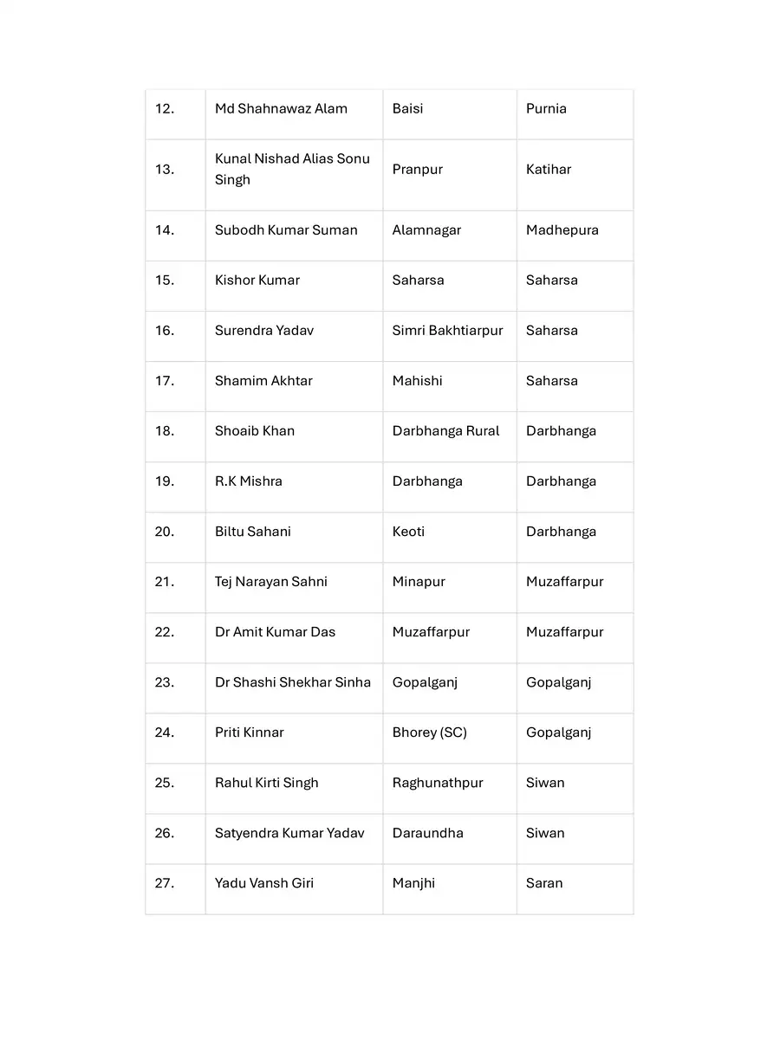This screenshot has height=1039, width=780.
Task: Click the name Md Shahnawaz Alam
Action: pos(281,109)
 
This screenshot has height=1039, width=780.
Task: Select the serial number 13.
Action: pos(165,170)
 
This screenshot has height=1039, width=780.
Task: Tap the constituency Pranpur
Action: pos(417,170)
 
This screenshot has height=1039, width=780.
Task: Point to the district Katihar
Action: pos(549,170)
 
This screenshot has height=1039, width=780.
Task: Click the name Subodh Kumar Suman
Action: pos(286,230)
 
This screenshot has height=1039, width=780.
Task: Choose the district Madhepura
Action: pos(562,230)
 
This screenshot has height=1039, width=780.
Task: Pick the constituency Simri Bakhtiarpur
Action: pos(447,331)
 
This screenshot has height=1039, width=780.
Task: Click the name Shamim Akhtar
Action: pos(263,381)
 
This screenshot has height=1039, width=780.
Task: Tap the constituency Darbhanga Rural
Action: pos(445,431)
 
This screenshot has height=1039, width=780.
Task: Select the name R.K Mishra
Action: pos(249,481)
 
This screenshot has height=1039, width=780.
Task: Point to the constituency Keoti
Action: pos(408,532)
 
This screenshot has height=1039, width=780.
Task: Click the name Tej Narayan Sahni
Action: pos(271,582)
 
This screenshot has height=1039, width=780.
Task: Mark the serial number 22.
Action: pos(165,632)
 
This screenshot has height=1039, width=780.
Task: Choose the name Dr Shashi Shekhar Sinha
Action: pos(293,682)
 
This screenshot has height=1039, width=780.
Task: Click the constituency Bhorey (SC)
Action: pos(429,732)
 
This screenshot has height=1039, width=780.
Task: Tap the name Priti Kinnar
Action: pos(250,732)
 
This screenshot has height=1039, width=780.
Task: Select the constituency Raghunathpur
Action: pos(438,783)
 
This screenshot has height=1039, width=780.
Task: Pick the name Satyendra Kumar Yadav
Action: pos(289,833)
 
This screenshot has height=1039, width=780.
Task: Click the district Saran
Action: pos(544,883)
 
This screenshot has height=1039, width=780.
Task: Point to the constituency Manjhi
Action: pos(413,883)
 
